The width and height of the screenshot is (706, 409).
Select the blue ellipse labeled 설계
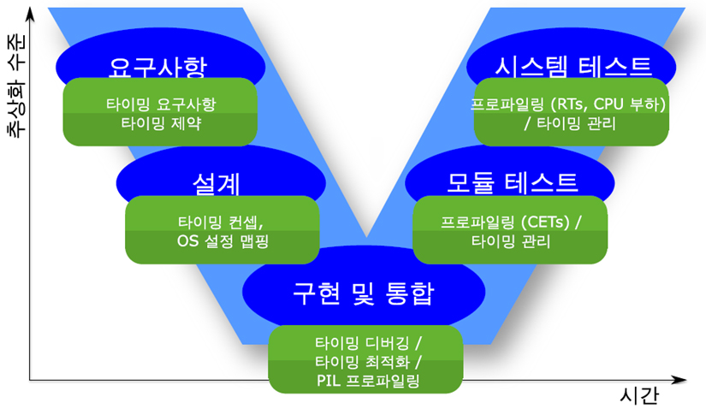[221, 174]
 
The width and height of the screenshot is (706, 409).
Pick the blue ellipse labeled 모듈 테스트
[510, 174]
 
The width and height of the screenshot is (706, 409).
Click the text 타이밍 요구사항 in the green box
[161, 104]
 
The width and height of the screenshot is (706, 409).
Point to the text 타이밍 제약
[161, 123]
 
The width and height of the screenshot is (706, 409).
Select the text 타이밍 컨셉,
[221, 222]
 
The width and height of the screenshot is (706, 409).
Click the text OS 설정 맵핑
[222, 241]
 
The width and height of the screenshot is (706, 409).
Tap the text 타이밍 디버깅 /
[368, 343]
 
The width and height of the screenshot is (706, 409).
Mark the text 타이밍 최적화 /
[368, 362]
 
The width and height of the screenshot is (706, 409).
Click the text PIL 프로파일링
[368, 381]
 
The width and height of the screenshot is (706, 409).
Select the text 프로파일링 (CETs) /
[511, 222]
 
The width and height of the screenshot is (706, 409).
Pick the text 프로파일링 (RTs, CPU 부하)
[568, 104]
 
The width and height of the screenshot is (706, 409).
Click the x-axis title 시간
[639, 395]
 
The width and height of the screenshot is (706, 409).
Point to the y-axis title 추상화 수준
[17, 86]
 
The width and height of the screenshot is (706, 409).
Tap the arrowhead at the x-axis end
[679, 380]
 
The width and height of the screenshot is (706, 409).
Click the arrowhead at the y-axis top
[30, 15]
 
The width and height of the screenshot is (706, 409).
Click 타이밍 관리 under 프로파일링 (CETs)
[511, 241]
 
